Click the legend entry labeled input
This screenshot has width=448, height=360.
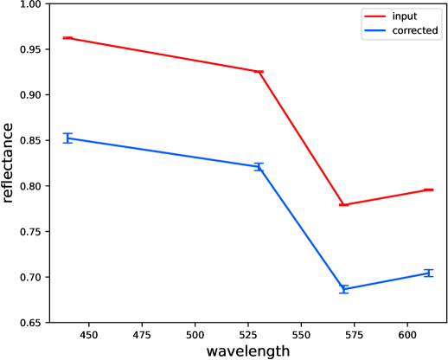(x=391, y=16)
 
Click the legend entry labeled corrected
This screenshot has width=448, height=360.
(x=401, y=30)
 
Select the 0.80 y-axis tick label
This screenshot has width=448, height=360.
(x=29, y=186)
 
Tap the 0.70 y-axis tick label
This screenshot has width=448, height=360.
(x=29, y=277)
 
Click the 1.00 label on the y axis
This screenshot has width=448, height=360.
(x=29, y=4)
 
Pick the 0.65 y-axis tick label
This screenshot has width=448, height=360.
(x=29, y=323)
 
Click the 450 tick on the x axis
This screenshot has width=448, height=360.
(x=89, y=335)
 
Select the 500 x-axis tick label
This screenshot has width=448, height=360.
(x=195, y=335)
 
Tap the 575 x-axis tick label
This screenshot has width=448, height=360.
(x=355, y=335)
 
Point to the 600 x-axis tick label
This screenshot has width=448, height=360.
(x=407, y=335)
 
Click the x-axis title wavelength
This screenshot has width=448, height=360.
(x=248, y=351)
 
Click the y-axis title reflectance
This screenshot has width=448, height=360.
(x=8, y=163)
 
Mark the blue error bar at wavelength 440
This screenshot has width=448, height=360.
(x=67, y=138)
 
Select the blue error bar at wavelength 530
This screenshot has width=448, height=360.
(x=259, y=167)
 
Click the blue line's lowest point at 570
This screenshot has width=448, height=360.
(x=343, y=289)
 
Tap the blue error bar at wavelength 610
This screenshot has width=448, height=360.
(x=429, y=273)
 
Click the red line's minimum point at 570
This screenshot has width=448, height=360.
(x=343, y=205)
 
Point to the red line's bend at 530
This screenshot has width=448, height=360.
(x=259, y=72)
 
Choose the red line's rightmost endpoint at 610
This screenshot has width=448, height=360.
(x=429, y=190)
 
